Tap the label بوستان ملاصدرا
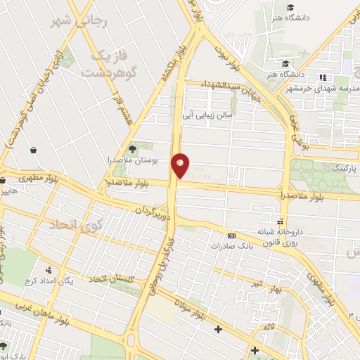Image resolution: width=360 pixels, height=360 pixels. pyautogui.click(x=141, y=160)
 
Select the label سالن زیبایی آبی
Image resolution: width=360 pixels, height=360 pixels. pyautogui.click(x=209, y=112)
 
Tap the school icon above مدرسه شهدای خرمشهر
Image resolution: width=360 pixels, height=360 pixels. pyautogui.click(x=323, y=77)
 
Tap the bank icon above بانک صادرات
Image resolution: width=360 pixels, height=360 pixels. pyautogui.click(x=232, y=236)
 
